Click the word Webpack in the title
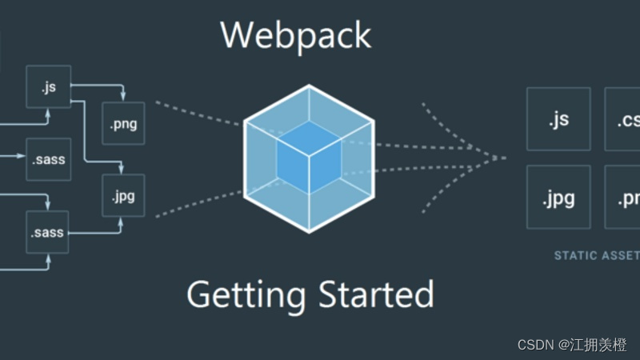point(295,34)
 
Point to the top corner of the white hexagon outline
point(308,82)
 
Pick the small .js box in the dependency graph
point(48,86)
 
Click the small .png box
point(123,124)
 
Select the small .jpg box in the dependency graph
point(123,195)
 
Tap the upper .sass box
point(48,158)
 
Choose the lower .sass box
point(48,233)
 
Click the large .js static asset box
point(558,119)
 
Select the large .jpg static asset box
point(558,198)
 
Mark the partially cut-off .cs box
point(622,119)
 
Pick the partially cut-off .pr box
point(622,198)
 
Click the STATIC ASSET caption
point(596,256)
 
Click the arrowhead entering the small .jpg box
point(123,170)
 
